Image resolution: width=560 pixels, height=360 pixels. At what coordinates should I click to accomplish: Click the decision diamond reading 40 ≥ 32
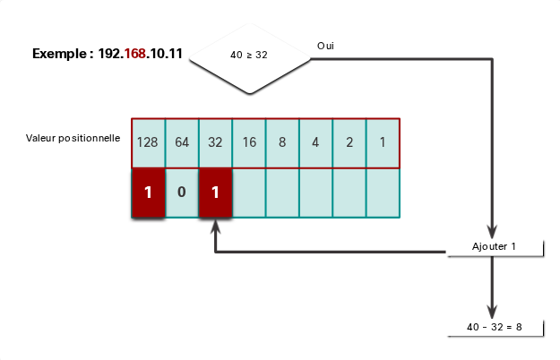(250, 59)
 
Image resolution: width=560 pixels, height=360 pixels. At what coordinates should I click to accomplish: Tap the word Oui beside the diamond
(325, 46)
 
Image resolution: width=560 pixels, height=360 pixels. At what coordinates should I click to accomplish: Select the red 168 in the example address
(135, 54)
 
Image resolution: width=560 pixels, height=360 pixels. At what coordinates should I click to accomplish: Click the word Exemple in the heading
(59, 54)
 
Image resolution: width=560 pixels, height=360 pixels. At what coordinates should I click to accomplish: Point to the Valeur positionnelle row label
(73, 138)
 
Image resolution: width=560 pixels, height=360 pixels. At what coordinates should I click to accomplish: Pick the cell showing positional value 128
(148, 143)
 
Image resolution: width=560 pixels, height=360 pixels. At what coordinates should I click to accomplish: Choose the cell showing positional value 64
(182, 143)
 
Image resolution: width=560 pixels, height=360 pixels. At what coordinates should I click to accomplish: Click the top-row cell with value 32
(215, 143)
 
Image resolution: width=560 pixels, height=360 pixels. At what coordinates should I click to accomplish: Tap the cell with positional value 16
(249, 143)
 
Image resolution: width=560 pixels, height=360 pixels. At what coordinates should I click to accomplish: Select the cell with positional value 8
(282, 143)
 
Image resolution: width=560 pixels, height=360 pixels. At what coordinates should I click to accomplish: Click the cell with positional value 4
(315, 143)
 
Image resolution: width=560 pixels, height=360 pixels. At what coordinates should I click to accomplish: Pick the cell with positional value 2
(349, 143)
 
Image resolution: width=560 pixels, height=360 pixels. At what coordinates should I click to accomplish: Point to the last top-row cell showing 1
(383, 143)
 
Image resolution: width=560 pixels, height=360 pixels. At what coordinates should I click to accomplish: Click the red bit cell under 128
(148, 193)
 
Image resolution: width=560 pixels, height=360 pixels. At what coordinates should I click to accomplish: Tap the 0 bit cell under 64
(182, 193)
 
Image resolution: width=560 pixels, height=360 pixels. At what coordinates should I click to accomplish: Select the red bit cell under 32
(215, 193)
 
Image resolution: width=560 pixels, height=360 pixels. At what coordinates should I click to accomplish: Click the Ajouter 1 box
(495, 247)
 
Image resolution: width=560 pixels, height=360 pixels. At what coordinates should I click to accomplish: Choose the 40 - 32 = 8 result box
(495, 328)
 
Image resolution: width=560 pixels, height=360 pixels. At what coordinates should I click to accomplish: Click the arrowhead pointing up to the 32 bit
(215, 227)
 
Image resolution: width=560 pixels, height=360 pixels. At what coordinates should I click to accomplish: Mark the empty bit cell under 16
(249, 193)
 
